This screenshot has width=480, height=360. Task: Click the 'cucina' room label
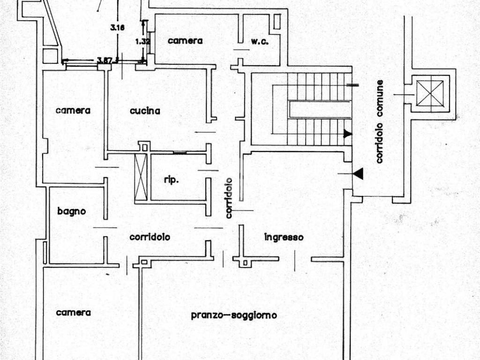(x=145, y=111)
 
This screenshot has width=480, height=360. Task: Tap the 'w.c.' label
(x=259, y=41)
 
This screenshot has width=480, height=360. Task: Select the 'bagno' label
(x=72, y=211)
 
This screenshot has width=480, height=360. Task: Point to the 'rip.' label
(x=172, y=180)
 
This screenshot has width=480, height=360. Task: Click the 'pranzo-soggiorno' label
(x=233, y=315)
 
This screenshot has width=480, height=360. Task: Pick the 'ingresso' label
(x=284, y=237)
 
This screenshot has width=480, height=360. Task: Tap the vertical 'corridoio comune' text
(x=380, y=122)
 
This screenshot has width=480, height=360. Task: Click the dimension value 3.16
(x=117, y=28)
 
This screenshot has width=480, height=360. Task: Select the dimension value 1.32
(x=142, y=41)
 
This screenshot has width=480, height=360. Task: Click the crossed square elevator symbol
(x=430, y=93)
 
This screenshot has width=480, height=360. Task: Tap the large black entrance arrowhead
(x=358, y=174)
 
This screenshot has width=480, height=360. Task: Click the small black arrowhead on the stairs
(x=348, y=134)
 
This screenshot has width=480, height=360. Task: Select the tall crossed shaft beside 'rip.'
(x=141, y=177)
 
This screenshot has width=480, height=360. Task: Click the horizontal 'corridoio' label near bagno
(x=150, y=237)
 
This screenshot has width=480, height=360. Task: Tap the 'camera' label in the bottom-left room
(x=73, y=313)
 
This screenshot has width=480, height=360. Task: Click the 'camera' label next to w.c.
(x=185, y=41)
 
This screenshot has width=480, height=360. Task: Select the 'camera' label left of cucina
(x=73, y=111)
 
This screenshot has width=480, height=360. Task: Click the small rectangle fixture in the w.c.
(x=277, y=21)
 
